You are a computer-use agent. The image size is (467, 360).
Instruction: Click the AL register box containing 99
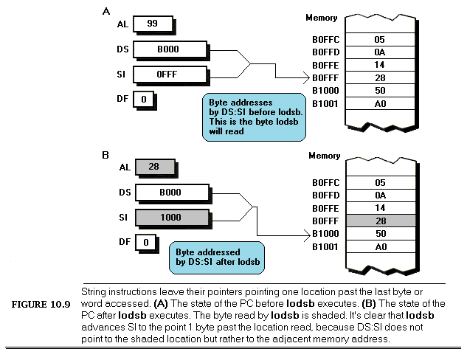tap(153, 24)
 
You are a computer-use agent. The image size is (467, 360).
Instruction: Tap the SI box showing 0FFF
tap(170, 75)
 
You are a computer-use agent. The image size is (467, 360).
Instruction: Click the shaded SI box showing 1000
tap(170, 218)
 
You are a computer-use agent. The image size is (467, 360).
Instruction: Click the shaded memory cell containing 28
tap(381, 221)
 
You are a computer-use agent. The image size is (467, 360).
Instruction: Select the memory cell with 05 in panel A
tap(381, 39)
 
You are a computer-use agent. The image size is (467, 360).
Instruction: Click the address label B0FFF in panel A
tap(325, 77)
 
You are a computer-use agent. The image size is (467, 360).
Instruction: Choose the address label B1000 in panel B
tap(325, 234)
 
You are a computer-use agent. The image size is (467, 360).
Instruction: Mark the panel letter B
tap(105, 155)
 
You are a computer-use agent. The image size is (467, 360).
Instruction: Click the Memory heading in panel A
tap(322, 17)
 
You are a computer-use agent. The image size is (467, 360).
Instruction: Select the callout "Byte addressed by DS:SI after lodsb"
tap(215, 257)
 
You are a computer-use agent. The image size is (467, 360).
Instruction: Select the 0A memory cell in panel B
tap(381, 195)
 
